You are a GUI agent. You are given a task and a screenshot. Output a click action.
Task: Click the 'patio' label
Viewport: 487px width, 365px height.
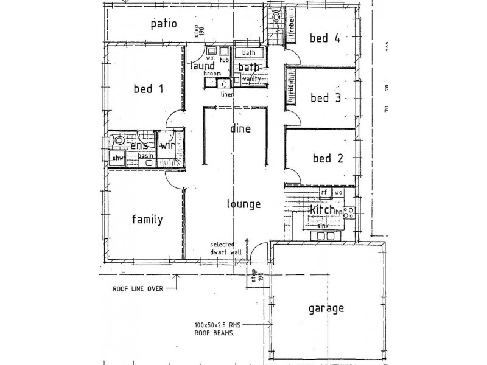[164, 24]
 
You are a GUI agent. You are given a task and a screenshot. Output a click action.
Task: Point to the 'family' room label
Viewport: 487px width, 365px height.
[147, 220]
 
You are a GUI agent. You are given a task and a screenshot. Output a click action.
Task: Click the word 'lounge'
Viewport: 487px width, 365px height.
[243, 204]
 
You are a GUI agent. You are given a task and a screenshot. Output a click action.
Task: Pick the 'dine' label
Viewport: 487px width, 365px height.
[240, 129]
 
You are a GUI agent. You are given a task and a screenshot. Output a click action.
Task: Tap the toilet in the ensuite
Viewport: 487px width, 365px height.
[119, 141]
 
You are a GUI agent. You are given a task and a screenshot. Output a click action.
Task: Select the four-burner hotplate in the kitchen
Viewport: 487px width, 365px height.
[349, 212]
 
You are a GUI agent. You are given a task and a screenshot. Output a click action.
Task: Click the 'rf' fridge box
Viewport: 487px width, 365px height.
[325, 192]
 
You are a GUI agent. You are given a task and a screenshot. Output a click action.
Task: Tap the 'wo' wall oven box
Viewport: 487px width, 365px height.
[338, 192]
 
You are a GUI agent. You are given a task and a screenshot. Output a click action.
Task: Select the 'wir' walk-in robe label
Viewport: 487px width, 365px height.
[167, 145]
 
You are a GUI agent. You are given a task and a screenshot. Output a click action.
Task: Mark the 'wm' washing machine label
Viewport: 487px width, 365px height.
[211, 59]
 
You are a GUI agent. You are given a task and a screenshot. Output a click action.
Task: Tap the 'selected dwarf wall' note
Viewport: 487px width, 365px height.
[222, 248]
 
